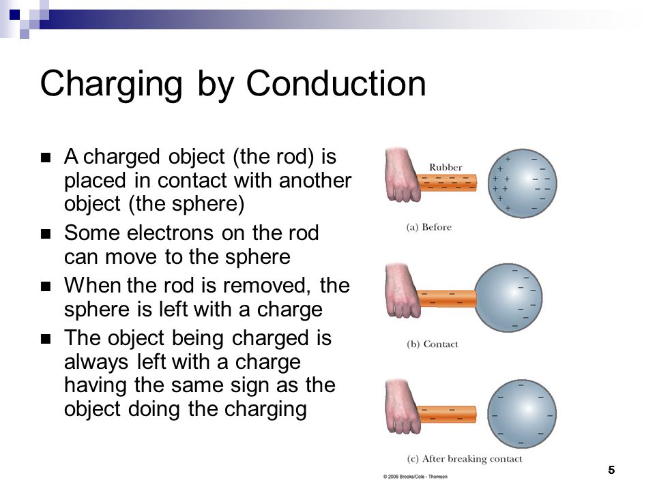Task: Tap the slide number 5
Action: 611,470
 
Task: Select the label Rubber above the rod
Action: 446,166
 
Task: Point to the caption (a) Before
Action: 429,227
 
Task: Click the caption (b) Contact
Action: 432,344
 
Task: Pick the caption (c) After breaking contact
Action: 464,458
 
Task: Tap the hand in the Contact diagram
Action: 403,292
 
